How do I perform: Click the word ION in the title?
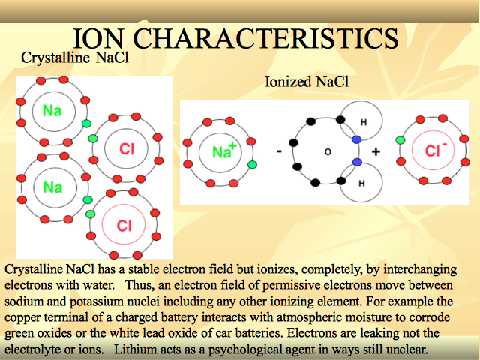pos(98,38)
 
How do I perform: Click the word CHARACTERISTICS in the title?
pos(265,38)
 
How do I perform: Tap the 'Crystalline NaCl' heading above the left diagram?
pos(75,58)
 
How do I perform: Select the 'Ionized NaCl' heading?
pos(307,82)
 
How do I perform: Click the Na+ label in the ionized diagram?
pos(224,151)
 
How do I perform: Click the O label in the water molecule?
pos(328,151)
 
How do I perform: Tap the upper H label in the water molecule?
pos(364,122)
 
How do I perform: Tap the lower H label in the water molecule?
pos(361,183)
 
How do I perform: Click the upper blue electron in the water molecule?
pos(357,139)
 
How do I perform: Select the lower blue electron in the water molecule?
pos(357,162)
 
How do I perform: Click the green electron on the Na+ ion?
pos(252,165)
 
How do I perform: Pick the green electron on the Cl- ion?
pos(400,140)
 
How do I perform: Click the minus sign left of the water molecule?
pos(279,151)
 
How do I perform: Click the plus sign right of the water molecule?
pos(376,151)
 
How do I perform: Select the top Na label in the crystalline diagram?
pos(52,110)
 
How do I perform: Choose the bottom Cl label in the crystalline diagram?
pos(124,226)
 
